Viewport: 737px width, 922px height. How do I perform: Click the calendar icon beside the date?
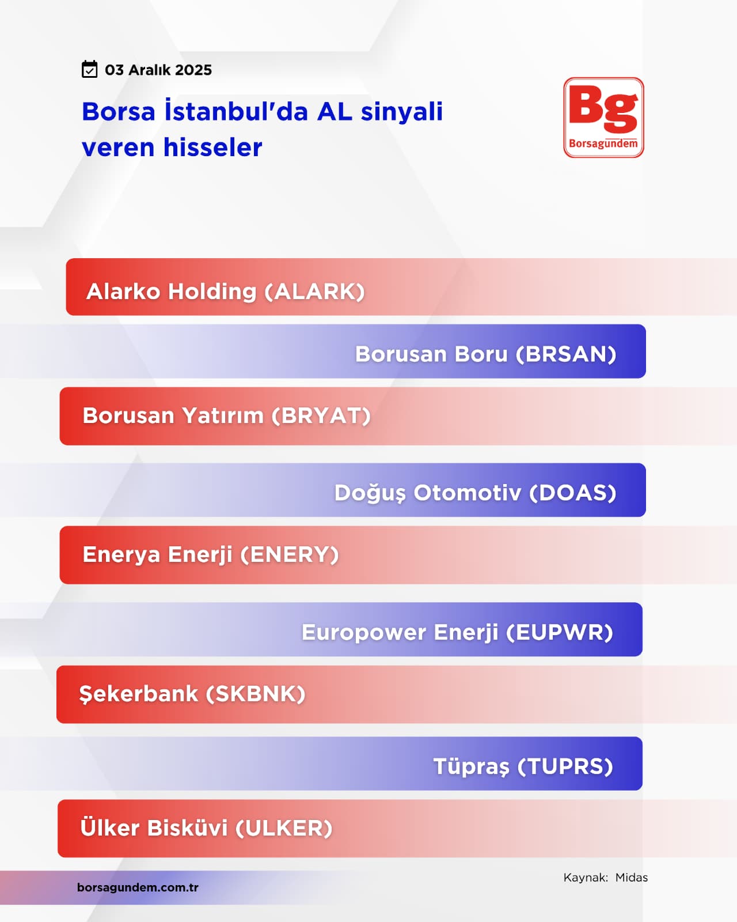[x=89, y=69]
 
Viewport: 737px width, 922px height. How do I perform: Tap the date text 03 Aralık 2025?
[x=158, y=70]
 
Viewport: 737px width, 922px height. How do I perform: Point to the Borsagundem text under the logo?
[x=603, y=143]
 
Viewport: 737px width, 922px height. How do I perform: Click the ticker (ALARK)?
[x=315, y=292]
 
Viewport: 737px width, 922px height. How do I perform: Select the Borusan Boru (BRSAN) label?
[x=485, y=354]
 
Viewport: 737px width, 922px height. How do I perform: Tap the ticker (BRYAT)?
[x=321, y=415]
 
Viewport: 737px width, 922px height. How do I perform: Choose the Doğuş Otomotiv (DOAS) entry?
[x=476, y=493]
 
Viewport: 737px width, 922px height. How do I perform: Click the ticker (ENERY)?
[x=290, y=554]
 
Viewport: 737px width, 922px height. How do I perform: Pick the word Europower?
[x=364, y=633]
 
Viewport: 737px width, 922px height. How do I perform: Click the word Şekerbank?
[x=138, y=694]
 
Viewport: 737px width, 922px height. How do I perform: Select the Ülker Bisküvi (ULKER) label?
[x=206, y=827]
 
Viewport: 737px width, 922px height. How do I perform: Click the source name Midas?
[x=632, y=878]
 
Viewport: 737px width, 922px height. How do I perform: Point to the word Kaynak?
[x=586, y=878]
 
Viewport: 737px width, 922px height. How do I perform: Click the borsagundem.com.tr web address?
[x=138, y=887]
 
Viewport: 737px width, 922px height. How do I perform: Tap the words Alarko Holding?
[x=172, y=292]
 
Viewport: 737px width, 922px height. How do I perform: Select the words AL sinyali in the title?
[x=380, y=111]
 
